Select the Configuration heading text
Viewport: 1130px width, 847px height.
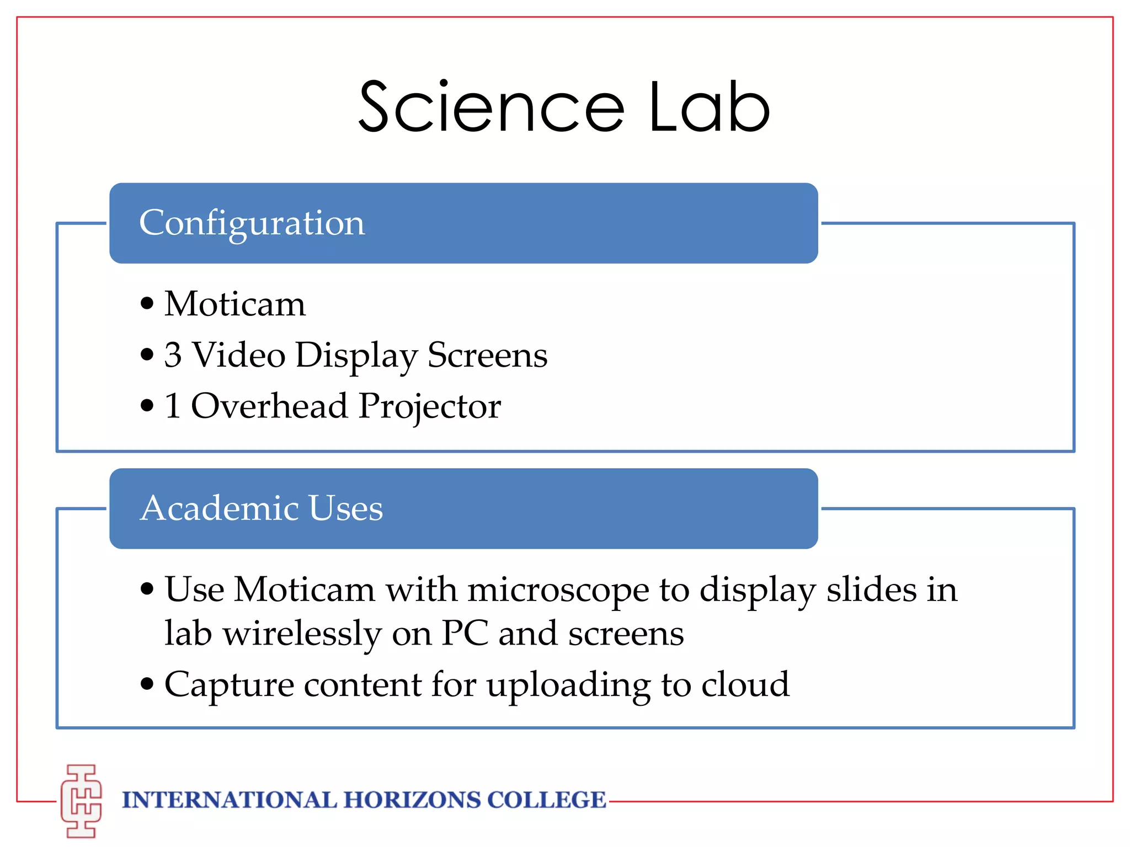252,223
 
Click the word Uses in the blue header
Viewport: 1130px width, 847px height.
346,508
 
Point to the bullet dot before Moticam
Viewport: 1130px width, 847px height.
147,303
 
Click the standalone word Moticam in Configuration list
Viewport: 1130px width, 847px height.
235,304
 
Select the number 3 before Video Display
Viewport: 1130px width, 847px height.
173,355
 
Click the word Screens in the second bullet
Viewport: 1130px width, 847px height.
487,355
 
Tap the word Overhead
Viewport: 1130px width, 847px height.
269,406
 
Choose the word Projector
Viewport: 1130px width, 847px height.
430,407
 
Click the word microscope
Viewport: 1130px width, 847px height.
558,589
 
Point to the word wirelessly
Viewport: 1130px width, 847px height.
302,633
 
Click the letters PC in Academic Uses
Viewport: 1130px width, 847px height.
465,633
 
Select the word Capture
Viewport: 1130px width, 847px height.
229,685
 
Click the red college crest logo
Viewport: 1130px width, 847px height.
81,801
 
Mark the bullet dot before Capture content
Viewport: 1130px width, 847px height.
147,684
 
